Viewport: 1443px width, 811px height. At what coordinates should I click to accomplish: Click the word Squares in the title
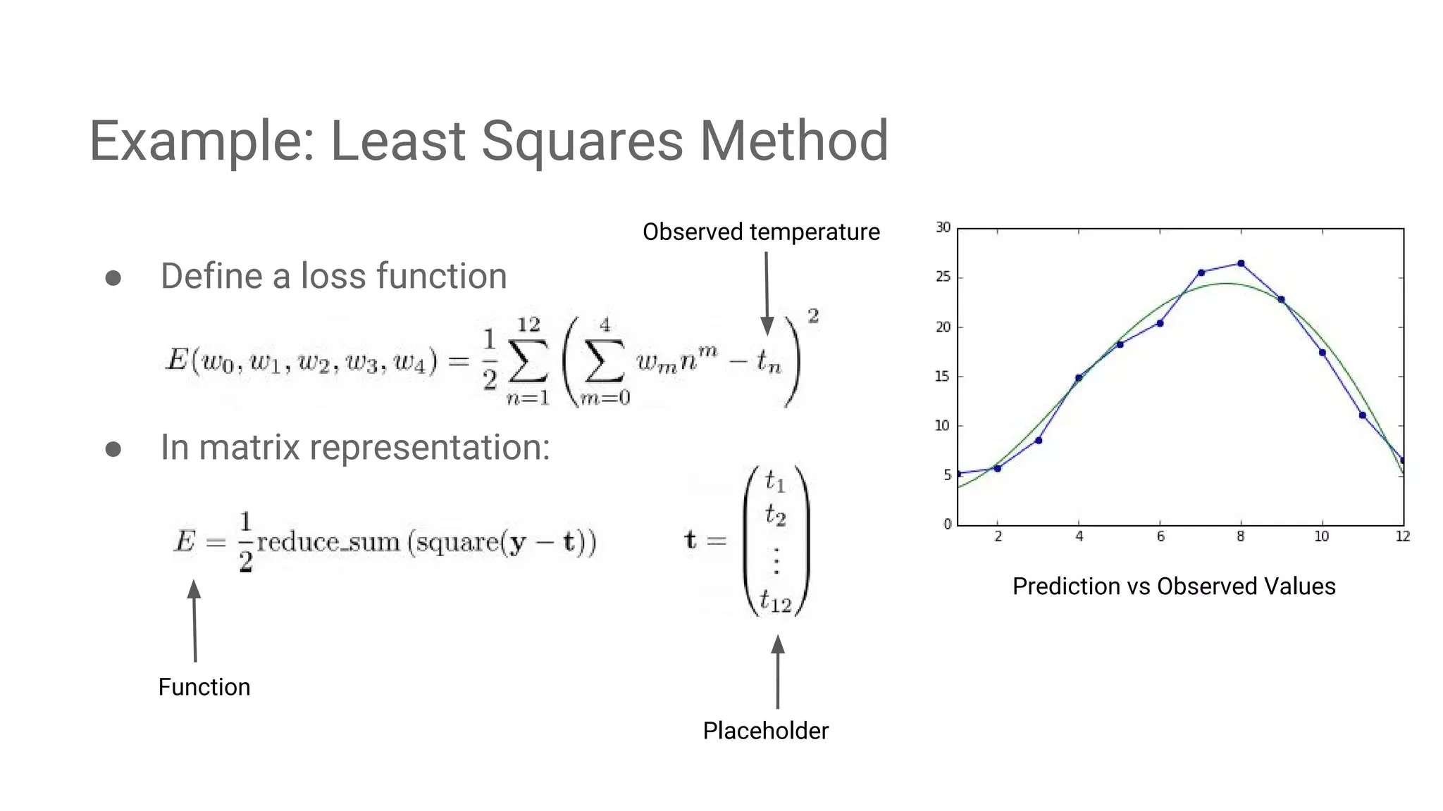[581, 141]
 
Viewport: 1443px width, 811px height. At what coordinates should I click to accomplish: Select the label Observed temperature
[761, 232]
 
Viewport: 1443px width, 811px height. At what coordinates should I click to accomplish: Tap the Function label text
[204, 687]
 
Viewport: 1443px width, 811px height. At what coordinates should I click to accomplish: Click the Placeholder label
[765, 731]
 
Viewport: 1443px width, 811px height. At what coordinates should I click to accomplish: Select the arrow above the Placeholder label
[778, 672]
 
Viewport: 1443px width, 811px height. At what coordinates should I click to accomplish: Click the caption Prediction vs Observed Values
[1174, 586]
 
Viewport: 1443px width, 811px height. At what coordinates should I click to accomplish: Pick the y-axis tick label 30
[943, 227]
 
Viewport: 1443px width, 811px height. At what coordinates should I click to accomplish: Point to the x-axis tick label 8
[1241, 536]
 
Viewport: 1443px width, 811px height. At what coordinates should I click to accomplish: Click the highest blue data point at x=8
[1241, 264]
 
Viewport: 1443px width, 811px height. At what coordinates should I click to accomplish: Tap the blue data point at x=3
[1039, 440]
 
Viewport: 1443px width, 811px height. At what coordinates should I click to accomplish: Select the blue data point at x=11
[1363, 415]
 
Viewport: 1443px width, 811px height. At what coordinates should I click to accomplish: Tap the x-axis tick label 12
[1403, 536]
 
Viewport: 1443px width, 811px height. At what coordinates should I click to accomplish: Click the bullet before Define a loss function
[113, 278]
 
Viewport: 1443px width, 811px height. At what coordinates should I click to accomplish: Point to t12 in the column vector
[776, 602]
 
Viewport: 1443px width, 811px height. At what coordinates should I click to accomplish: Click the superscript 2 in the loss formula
[813, 316]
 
